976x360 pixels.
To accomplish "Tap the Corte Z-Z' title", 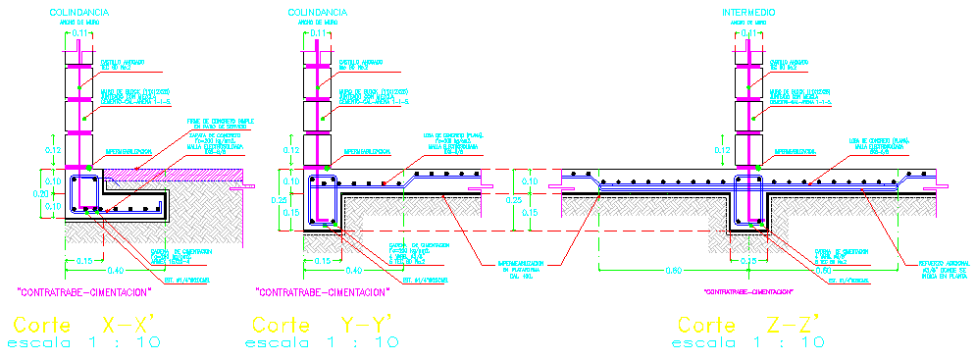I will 747,325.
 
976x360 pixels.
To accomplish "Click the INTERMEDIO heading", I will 748,12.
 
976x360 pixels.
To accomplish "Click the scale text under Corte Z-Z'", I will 747,342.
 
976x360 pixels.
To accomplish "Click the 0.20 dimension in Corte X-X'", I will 40,194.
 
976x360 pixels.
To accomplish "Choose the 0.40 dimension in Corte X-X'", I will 117,271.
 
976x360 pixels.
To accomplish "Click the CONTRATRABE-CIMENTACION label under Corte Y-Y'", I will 323,291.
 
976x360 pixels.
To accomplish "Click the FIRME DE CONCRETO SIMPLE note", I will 220,123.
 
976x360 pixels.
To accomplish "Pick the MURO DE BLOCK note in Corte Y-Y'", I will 368,96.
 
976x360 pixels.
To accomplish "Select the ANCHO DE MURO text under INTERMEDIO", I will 748,21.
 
